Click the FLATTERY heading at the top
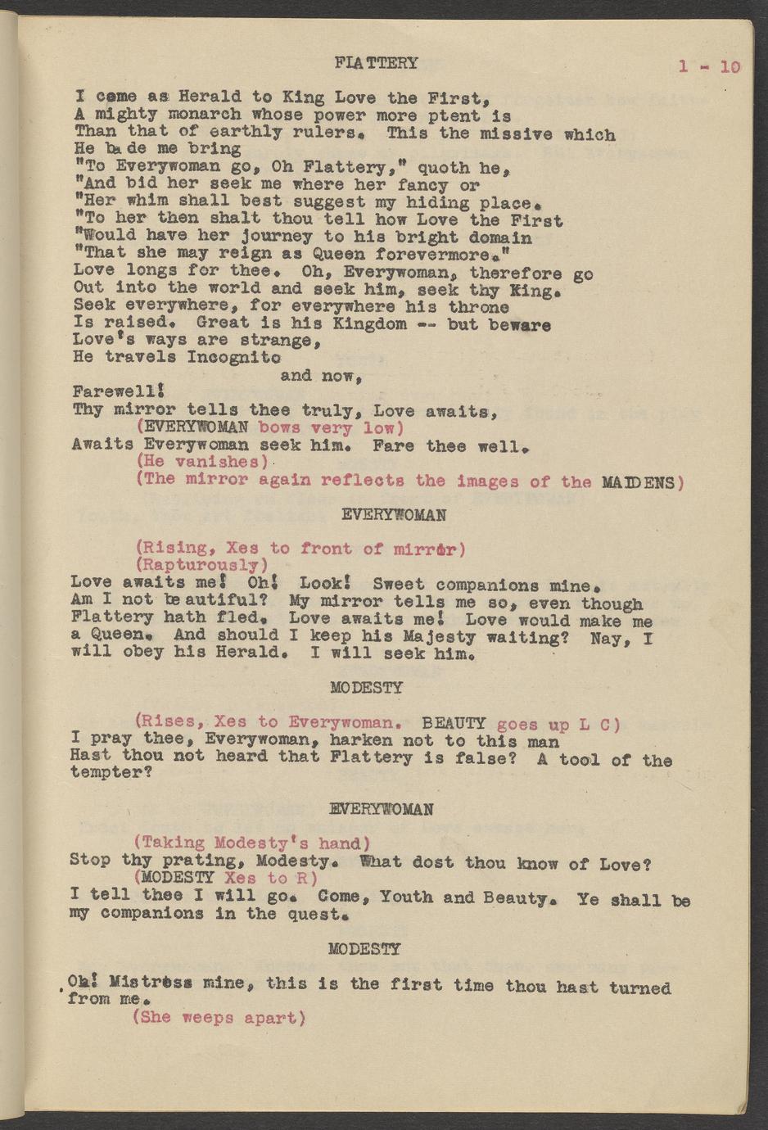point(376,63)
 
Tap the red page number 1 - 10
point(708,66)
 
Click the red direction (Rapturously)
point(202,565)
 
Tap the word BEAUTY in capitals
point(454,723)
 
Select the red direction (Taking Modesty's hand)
point(252,843)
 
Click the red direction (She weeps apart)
point(219,1018)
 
